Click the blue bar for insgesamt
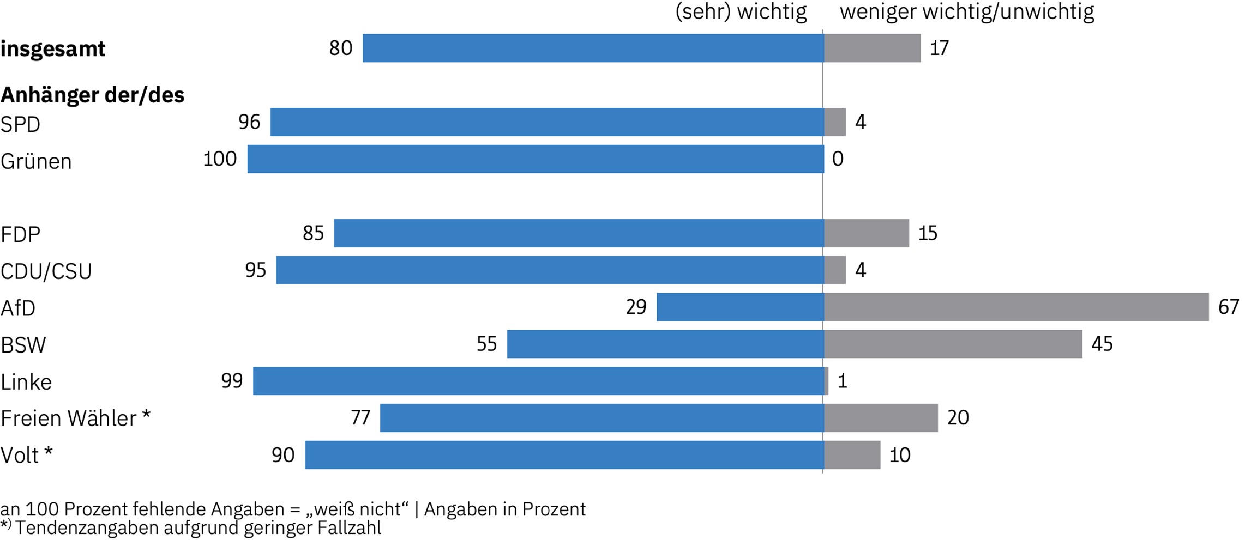tap(593, 48)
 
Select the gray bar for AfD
tap(1016, 307)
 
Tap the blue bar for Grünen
tap(536, 159)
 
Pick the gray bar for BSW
tap(953, 344)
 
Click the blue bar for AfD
tap(740, 307)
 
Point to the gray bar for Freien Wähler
tap(881, 418)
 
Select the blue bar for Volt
tap(564, 455)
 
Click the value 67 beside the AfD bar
tap(1228, 307)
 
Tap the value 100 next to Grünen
tap(220, 159)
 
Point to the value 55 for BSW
tap(486, 344)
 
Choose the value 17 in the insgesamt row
tap(939, 48)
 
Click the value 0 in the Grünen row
tap(838, 159)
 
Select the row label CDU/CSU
tap(46, 271)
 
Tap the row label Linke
tap(26, 382)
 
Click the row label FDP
tap(21, 234)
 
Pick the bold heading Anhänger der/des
tap(93, 95)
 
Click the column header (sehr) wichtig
tap(741, 12)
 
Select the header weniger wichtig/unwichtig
tap(966, 12)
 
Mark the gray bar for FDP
tap(867, 233)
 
